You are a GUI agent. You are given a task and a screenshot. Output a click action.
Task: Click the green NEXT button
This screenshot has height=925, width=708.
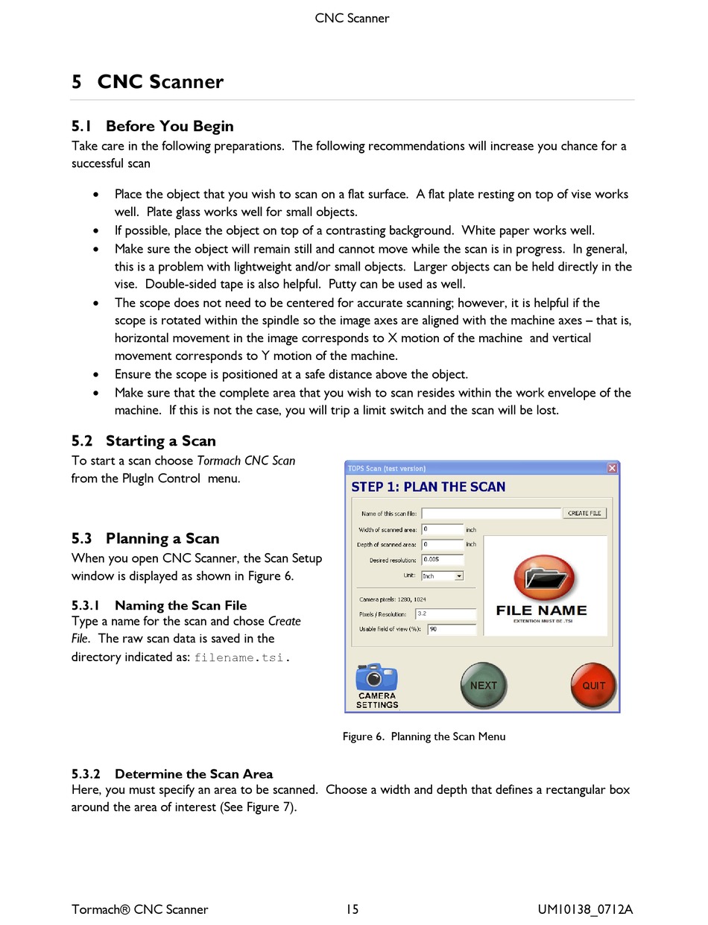[x=483, y=685]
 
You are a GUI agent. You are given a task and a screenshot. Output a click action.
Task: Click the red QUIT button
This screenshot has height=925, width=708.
[x=593, y=685]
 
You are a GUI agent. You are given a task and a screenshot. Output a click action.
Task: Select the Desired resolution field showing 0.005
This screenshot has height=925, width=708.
[x=443, y=559]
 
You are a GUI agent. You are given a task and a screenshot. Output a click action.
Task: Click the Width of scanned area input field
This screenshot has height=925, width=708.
[x=443, y=529]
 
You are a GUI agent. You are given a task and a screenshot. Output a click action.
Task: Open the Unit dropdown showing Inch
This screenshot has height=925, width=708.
[x=443, y=575]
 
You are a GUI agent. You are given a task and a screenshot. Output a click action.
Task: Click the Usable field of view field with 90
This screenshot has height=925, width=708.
[x=452, y=629]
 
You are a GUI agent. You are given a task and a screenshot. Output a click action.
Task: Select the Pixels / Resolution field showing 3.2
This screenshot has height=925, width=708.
[x=446, y=614]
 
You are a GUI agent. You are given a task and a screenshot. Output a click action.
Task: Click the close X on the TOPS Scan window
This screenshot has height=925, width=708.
[x=612, y=468]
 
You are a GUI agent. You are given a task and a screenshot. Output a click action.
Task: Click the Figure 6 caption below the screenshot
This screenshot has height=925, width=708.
[x=424, y=736]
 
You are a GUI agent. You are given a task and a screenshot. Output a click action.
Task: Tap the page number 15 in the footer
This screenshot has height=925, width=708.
[x=352, y=909]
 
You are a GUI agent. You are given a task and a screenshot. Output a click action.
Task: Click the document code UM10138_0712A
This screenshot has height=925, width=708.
[x=585, y=909]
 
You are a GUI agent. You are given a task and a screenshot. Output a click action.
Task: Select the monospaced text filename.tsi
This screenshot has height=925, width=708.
[x=238, y=657]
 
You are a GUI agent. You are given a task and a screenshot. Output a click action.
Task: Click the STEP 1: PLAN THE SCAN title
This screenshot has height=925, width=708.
[x=428, y=487]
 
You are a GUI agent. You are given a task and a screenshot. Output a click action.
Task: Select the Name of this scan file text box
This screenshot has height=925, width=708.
[x=490, y=514]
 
